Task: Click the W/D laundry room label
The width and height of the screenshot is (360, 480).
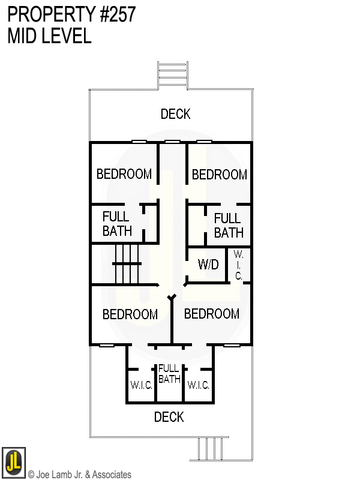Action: click(x=208, y=264)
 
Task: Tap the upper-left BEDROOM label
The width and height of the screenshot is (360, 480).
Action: click(x=124, y=174)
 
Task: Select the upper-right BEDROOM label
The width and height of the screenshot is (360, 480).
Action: click(x=220, y=175)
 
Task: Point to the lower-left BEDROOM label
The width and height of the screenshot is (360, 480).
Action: click(x=130, y=314)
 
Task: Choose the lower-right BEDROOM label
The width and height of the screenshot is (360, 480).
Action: click(x=212, y=314)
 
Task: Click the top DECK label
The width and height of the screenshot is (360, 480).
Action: click(x=175, y=114)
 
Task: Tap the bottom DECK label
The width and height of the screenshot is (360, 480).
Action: click(x=169, y=417)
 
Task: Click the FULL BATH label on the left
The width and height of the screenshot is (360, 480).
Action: click(x=117, y=224)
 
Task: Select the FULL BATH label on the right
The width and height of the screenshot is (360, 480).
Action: click(x=229, y=226)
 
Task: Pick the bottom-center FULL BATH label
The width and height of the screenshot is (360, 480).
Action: click(x=169, y=374)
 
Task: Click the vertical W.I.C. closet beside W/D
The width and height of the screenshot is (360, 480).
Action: click(x=238, y=265)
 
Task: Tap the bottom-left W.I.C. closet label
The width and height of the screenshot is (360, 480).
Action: click(x=141, y=385)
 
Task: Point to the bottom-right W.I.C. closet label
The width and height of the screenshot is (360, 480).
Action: click(x=198, y=385)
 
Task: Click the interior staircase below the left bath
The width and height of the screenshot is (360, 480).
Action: click(x=127, y=264)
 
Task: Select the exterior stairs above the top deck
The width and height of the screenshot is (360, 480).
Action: click(x=173, y=76)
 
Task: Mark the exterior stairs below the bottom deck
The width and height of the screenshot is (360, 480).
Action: click(x=209, y=449)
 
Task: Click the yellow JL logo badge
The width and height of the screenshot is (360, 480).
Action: click(x=14, y=462)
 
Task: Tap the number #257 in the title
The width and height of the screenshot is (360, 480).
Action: click(x=118, y=14)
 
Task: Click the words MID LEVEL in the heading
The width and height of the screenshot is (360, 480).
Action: click(x=49, y=36)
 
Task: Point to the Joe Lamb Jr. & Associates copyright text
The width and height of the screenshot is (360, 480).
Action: click(x=80, y=475)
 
